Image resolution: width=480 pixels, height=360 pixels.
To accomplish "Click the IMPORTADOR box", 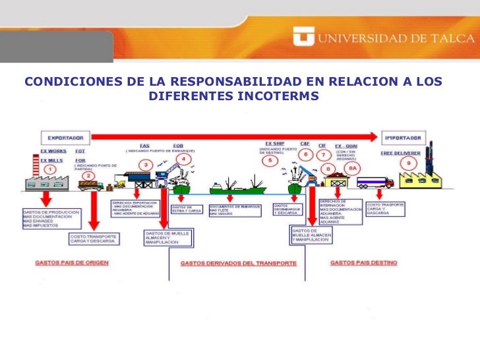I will [404, 138].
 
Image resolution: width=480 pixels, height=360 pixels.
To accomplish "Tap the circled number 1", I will [50, 169].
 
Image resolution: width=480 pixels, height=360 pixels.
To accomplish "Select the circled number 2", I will [90, 175].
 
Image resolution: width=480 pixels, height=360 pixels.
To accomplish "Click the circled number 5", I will [268, 160].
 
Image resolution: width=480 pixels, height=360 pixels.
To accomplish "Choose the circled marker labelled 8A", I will [353, 167].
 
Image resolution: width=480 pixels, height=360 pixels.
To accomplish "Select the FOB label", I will [178, 146].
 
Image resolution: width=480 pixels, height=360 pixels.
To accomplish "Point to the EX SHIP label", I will [274, 143].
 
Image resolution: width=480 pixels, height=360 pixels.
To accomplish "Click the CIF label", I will [322, 145].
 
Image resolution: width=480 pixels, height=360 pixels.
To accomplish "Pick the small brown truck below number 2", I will [90, 186].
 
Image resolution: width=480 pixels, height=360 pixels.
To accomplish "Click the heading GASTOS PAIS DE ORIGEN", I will [72, 262].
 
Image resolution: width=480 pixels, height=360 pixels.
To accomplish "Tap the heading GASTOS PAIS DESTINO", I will [365, 262].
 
